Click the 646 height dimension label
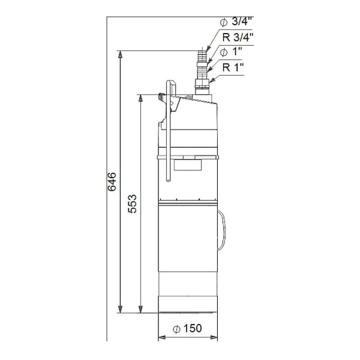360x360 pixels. [112, 182]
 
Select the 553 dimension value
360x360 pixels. [132, 204]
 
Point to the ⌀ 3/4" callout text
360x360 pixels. [236, 22]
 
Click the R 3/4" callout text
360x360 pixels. [238, 37]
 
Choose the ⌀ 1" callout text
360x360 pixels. [231, 52]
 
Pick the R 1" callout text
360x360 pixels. [233, 67]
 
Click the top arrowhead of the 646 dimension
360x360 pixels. [120, 54]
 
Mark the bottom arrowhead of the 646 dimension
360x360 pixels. [120, 309]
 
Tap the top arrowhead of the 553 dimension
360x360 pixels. [140, 98]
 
